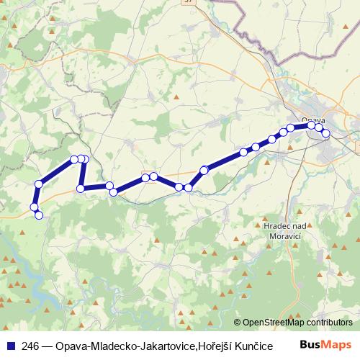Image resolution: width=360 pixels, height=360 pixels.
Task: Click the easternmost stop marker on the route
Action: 325,133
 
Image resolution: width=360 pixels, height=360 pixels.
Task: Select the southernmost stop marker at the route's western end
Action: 39,215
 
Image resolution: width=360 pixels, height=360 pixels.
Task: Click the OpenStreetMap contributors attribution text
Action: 297,323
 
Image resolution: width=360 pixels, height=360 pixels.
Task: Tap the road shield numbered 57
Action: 189,4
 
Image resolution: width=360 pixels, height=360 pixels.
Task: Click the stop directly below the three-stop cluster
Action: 81,189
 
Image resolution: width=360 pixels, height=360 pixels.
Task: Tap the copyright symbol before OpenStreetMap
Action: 238,323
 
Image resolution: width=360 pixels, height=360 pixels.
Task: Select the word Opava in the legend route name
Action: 65,346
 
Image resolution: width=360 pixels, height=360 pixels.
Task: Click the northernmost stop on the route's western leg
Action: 73,159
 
